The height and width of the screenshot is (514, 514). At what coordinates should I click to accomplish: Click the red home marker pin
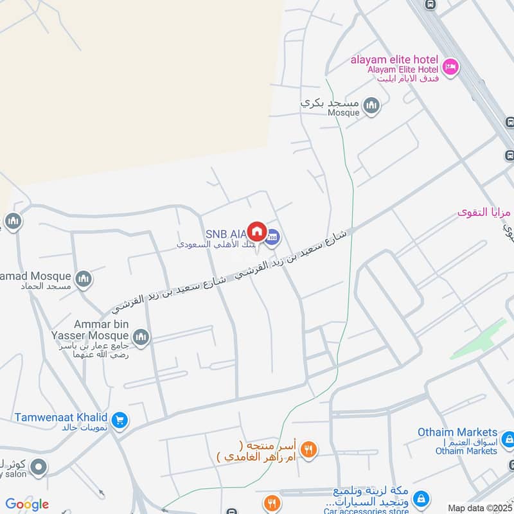click(x=257, y=231)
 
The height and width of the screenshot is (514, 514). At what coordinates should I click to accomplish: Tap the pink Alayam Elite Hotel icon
click(x=450, y=67)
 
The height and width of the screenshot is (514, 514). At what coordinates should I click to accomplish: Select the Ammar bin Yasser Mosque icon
click(x=141, y=336)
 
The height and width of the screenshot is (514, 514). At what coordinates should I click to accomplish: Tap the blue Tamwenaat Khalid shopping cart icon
click(x=119, y=421)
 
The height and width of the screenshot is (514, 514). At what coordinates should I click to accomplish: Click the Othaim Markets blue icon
click(x=508, y=440)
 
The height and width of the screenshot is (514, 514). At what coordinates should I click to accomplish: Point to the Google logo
click(x=27, y=504)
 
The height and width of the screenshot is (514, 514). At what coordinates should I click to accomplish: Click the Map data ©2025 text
click(x=479, y=508)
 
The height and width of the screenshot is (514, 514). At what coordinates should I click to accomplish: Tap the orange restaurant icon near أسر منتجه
click(x=308, y=450)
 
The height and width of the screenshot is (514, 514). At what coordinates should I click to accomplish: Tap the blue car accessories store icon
click(x=421, y=499)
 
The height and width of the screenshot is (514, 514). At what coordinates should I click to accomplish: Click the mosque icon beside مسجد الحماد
click(x=83, y=279)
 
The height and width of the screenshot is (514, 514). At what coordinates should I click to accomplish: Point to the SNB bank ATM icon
click(x=273, y=236)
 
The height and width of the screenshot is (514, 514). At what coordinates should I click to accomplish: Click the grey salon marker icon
click(x=39, y=466)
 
